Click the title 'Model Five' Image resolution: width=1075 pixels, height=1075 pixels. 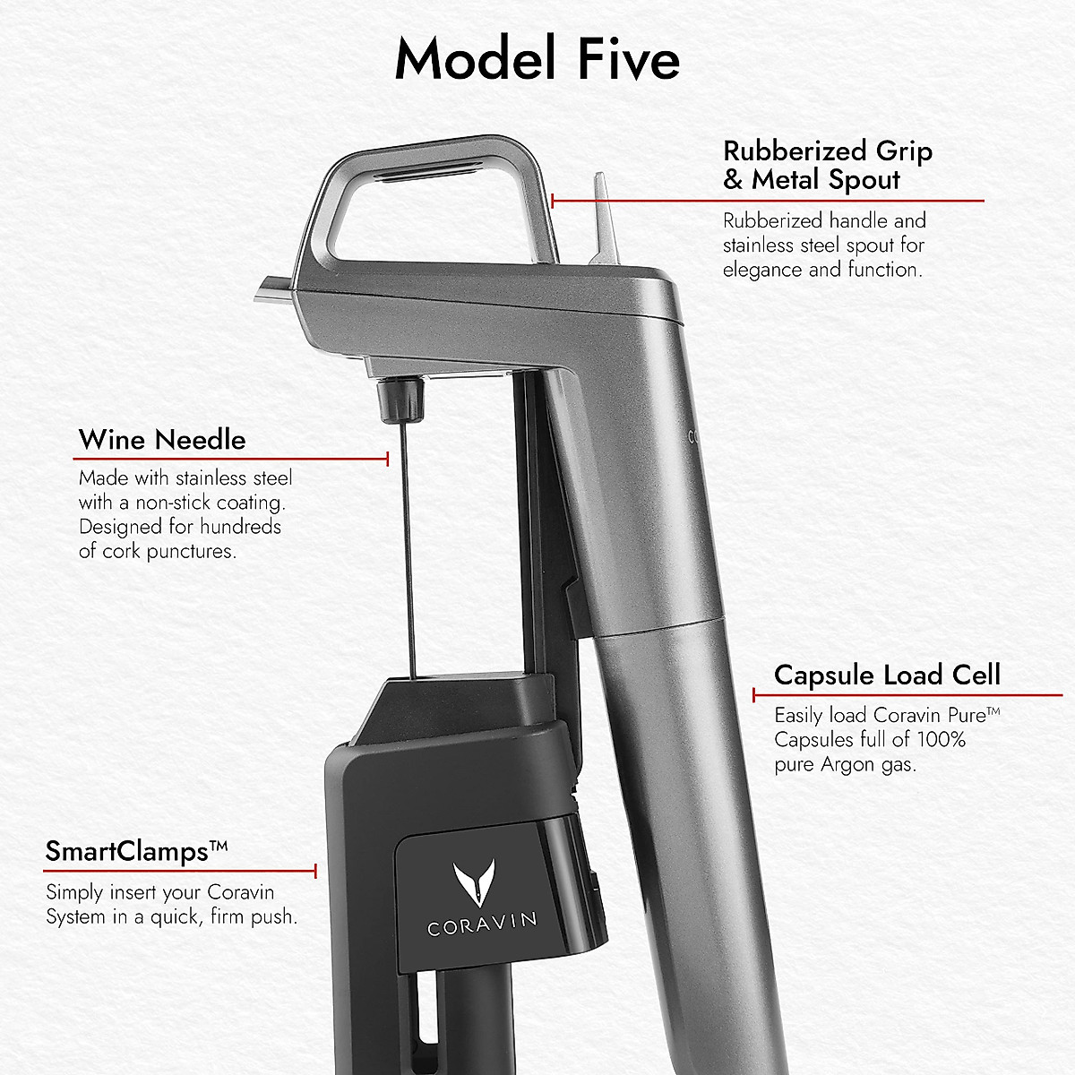537,59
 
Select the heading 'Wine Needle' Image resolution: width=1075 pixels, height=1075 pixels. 162,440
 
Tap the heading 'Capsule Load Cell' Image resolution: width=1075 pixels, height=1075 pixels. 887,675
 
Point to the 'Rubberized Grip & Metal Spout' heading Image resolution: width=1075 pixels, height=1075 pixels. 828,165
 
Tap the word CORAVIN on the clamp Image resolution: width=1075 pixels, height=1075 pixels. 482,923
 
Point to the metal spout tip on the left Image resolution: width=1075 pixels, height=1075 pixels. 269,289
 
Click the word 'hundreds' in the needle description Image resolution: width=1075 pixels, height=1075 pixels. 240,527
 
